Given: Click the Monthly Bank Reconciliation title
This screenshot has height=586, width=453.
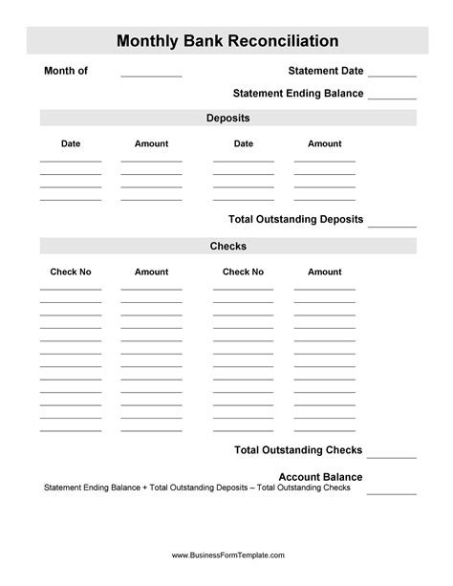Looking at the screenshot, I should pyautogui.click(x=227, y=41).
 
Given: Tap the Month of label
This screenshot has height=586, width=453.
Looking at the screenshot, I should pyautogui.click(x=66, y=71).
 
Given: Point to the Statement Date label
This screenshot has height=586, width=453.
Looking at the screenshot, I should pyautogui.click(x=326, y=71).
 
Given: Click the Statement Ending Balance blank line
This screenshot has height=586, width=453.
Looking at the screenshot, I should pyautogui.click(x=392, y=97).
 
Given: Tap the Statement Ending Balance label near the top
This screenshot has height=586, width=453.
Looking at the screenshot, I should pyautogui.click(x=298, y=94).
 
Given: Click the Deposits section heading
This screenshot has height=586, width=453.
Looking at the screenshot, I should pyautogui.click(x=227, y=119).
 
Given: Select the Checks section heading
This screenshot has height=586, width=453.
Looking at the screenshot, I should pyautogui.click(x=227, y=247).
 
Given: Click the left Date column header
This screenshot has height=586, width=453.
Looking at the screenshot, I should pyautogui.click(x=71, y=144).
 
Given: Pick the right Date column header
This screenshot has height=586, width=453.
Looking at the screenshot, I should pyautogui.click(x=244, y=144).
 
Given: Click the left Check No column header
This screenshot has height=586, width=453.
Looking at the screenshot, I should pyautogui.click(x=71, y=272).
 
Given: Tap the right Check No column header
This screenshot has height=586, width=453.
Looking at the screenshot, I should pyautogui.click(x=243, y=272).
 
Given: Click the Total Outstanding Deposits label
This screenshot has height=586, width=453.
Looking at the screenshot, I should pyautogui.click(x=296, y=220).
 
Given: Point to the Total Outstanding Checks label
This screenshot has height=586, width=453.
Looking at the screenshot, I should pyautogui.click(x=298, y=450).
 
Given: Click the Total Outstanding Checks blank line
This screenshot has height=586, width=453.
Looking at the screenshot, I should pyautogui.click(x=392, y=456).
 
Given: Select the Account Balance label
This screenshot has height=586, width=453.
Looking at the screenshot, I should pyautogui.click(x=320, y=477).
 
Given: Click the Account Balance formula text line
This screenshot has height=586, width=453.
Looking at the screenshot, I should pyautogui.click(x=197, y=488).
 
